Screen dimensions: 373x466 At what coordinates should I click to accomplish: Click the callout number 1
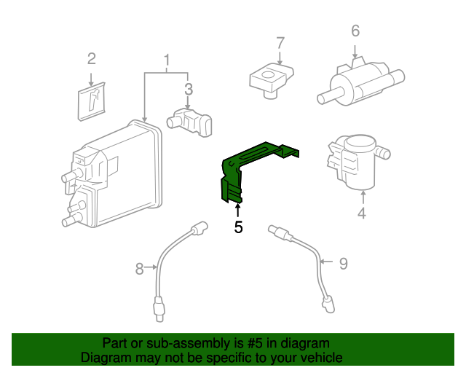167,59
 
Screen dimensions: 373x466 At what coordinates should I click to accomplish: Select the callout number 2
91,58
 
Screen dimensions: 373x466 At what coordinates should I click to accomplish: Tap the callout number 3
188,90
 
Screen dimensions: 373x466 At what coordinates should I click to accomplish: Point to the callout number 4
362,213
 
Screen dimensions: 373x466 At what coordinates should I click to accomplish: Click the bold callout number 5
238,227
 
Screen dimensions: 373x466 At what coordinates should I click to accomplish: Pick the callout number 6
355,31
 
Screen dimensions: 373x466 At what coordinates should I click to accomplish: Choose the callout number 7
280,43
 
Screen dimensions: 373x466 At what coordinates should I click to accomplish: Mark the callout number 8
140,270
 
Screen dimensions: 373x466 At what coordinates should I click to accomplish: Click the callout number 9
345,262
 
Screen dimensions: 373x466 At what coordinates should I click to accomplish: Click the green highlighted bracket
251,164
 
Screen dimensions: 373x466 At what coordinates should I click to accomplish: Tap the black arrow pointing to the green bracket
237,210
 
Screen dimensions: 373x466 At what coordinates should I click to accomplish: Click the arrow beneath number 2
91,79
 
